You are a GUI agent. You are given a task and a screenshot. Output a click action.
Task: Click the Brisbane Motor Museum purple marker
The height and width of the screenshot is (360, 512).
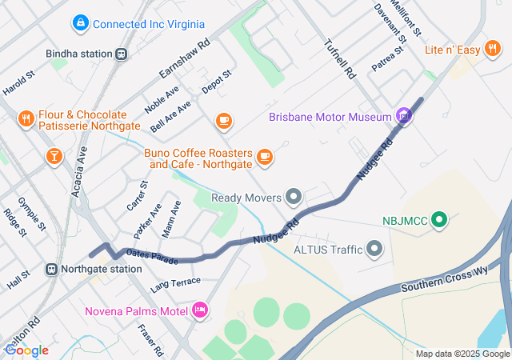(404, 117)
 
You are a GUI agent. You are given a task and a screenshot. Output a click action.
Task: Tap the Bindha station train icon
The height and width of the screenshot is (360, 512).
(121, 54)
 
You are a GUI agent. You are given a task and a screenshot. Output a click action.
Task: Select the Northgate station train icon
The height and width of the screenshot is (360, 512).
(51, 270)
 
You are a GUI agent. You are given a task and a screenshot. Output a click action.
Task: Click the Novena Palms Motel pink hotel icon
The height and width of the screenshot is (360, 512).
(200, 309)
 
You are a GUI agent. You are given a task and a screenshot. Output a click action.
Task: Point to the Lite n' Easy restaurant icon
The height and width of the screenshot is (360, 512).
(493, 50)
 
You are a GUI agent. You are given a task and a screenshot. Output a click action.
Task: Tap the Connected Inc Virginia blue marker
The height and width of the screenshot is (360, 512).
(80, 24)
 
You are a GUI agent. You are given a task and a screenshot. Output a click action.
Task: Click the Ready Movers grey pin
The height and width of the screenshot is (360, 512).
(294, 197)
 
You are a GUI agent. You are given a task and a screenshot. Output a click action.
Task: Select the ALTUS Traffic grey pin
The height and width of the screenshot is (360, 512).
(374, 250)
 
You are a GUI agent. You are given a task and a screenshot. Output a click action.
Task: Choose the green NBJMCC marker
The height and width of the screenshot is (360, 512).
(438, 219)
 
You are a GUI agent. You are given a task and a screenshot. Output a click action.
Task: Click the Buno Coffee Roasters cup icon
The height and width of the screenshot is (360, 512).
(266, 158)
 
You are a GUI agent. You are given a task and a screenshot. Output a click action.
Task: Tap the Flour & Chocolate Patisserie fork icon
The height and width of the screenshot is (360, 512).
(26, 119)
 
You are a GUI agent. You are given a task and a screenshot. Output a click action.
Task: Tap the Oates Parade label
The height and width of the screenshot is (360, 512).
(151, 257)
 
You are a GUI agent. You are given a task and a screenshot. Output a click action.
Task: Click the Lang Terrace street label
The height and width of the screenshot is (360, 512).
(175, 283)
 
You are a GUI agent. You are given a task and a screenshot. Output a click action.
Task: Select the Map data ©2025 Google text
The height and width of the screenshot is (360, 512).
(462, 354)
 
